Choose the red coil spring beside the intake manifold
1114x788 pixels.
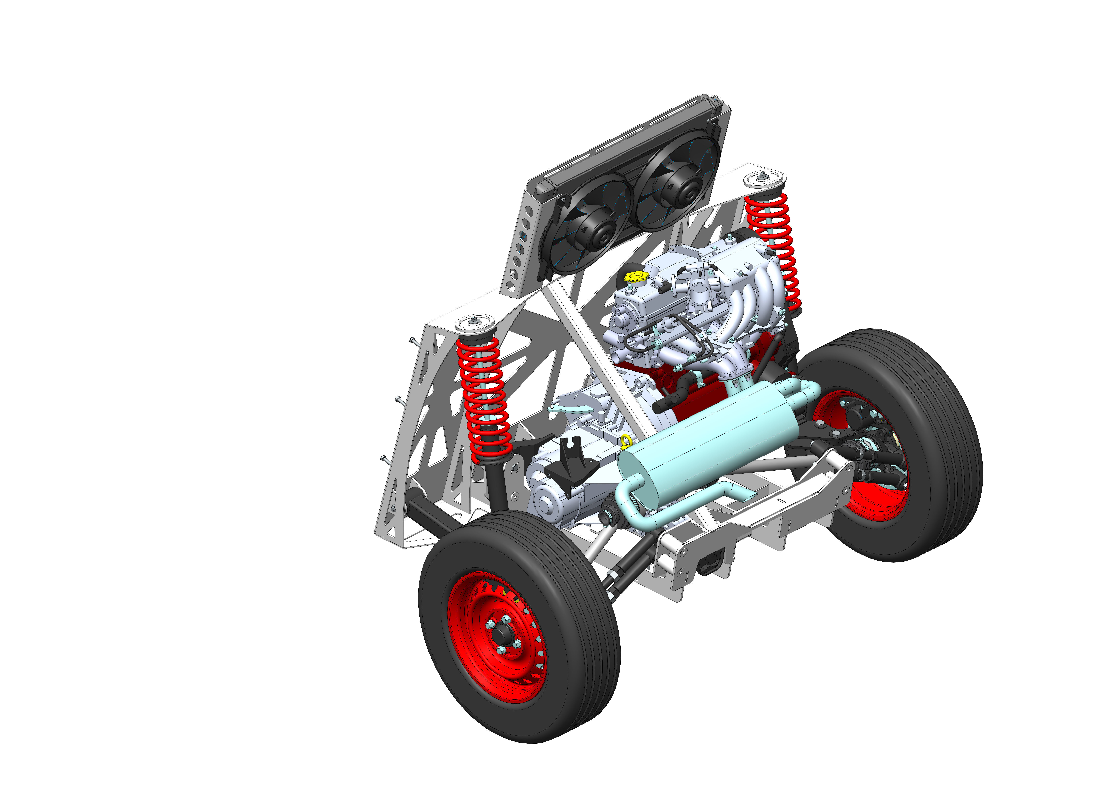pos(771,248)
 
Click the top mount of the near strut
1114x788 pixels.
pos(475,322)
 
